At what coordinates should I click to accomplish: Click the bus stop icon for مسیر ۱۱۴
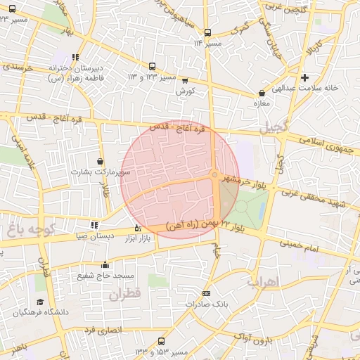[207, 33]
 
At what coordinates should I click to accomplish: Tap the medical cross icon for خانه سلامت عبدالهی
[304, 77]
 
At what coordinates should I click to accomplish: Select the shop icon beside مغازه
[262, 92]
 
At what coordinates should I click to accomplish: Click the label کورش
[185, 91]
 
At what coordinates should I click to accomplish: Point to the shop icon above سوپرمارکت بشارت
[101, 162]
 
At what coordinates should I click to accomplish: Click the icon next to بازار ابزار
[137, 228]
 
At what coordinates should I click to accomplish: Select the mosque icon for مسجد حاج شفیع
[105, 265]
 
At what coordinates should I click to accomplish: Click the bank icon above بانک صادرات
[205, 294]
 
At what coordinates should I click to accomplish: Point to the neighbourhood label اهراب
[263, 281]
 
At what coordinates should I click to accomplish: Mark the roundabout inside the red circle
[214, 175]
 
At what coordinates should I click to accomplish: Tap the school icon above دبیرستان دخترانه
[75, 58]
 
